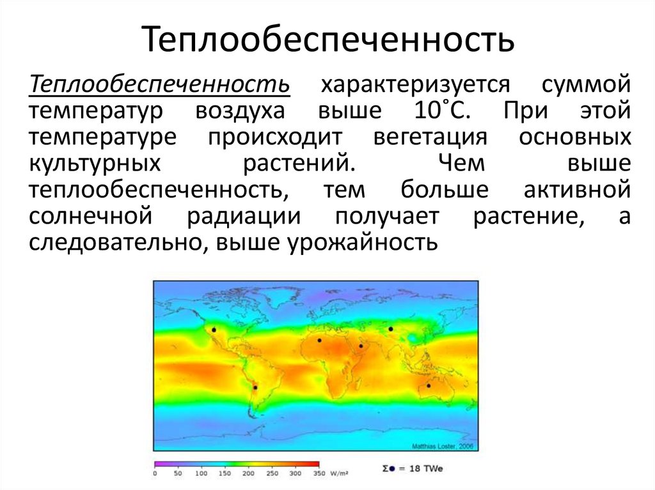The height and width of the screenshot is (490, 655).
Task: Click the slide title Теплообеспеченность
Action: point(327,39)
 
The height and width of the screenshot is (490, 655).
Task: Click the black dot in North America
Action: point(214,330)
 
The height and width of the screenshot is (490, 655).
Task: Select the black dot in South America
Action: point(255,387)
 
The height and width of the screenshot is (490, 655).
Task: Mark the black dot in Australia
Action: point(429,385)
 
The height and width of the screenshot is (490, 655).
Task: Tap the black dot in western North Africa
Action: point(319,340)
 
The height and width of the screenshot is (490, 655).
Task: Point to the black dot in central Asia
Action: point(390,329)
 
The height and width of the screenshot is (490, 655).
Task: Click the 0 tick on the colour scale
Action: point(155,473)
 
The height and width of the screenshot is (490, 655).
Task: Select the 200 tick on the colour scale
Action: point(248,473)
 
